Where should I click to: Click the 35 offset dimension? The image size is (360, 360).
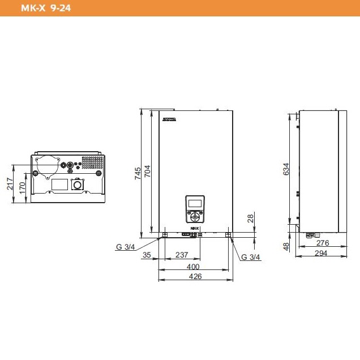click(147, 256)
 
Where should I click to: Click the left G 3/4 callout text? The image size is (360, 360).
click(126, 246)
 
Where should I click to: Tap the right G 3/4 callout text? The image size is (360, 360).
click(250, 257)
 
